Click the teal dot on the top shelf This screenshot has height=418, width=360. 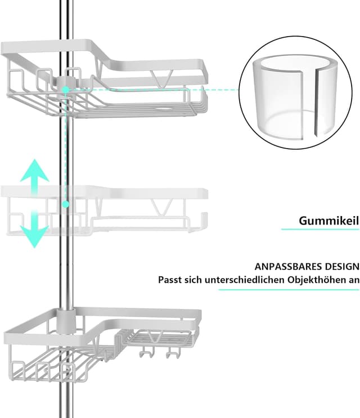[66, 89]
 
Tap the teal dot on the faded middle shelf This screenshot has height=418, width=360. [66, 204]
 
